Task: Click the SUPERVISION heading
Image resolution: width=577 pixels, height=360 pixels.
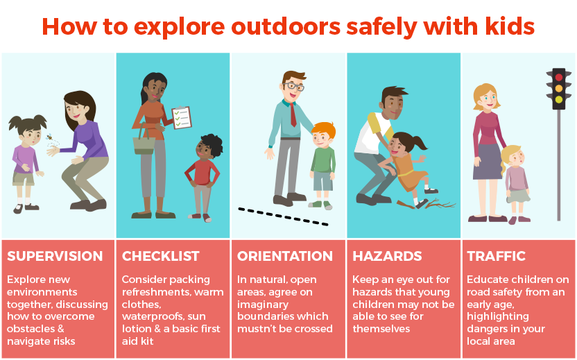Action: tap(55, 257)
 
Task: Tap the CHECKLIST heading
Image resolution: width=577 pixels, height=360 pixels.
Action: tap(161, 257)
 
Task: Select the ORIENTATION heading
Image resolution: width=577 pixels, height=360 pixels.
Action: tap(285, 257)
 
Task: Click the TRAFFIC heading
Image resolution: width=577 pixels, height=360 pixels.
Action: tap(497, 257)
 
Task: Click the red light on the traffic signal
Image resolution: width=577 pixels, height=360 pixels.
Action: tap(558, 77)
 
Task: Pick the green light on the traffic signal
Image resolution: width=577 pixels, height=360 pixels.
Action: tap(558, 100)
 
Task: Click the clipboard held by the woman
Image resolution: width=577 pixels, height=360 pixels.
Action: tap(181, 120)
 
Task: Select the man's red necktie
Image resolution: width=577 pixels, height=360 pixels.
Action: tap(293, 112)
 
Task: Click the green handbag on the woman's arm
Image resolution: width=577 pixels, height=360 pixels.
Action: tap(144, 143)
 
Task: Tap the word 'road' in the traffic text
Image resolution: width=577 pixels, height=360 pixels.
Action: tap(481, 292)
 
